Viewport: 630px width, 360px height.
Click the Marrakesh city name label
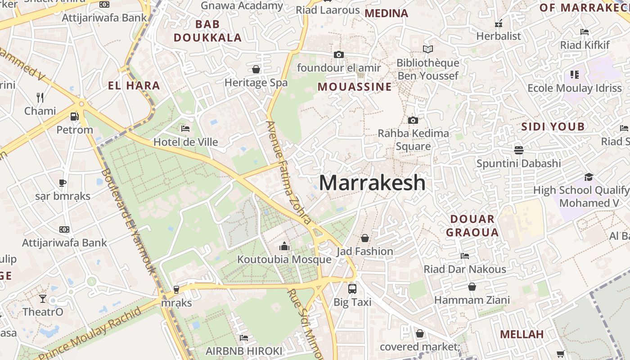pyautogui.click(x=372, y=183)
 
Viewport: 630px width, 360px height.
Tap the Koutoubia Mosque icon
pyautogui.click(x=284, y=246)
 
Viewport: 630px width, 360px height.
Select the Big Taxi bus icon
pyautogui.click(x=352, y=288)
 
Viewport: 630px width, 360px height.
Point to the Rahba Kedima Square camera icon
pyautogui.click(x=413, y=120)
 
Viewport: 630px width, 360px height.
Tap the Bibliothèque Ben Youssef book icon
pyautogui.click(x=428, y=49)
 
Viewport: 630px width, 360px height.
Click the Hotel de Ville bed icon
pyautogui.click(x=185, y=129)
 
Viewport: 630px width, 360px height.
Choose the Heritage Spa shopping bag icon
pyautogui.click(x=256, y=69)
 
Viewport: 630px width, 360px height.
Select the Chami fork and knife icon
pyautogui.click(x=40, y=97)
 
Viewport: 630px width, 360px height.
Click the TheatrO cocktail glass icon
pyautogui.click(x=43, y=298)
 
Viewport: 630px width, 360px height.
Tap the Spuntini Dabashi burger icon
pyautogui.click(x=518, y=150)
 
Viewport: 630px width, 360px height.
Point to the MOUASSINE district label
pyautogui.click(x=355, y=87)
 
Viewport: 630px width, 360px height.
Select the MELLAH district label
pyautogui.click(x=522, y=334)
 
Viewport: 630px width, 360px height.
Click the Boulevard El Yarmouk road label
pyautogui.click(x=128, y=221)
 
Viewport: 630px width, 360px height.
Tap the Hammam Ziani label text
pyautogui.click(x=472, y=300)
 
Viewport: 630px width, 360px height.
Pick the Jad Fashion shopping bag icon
pyautogui.click(x=365, y=238)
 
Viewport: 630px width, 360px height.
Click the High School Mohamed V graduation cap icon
pyautogui.click(x=589, y=177)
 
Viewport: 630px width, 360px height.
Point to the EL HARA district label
pyautogui.click(x=134, y=85)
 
